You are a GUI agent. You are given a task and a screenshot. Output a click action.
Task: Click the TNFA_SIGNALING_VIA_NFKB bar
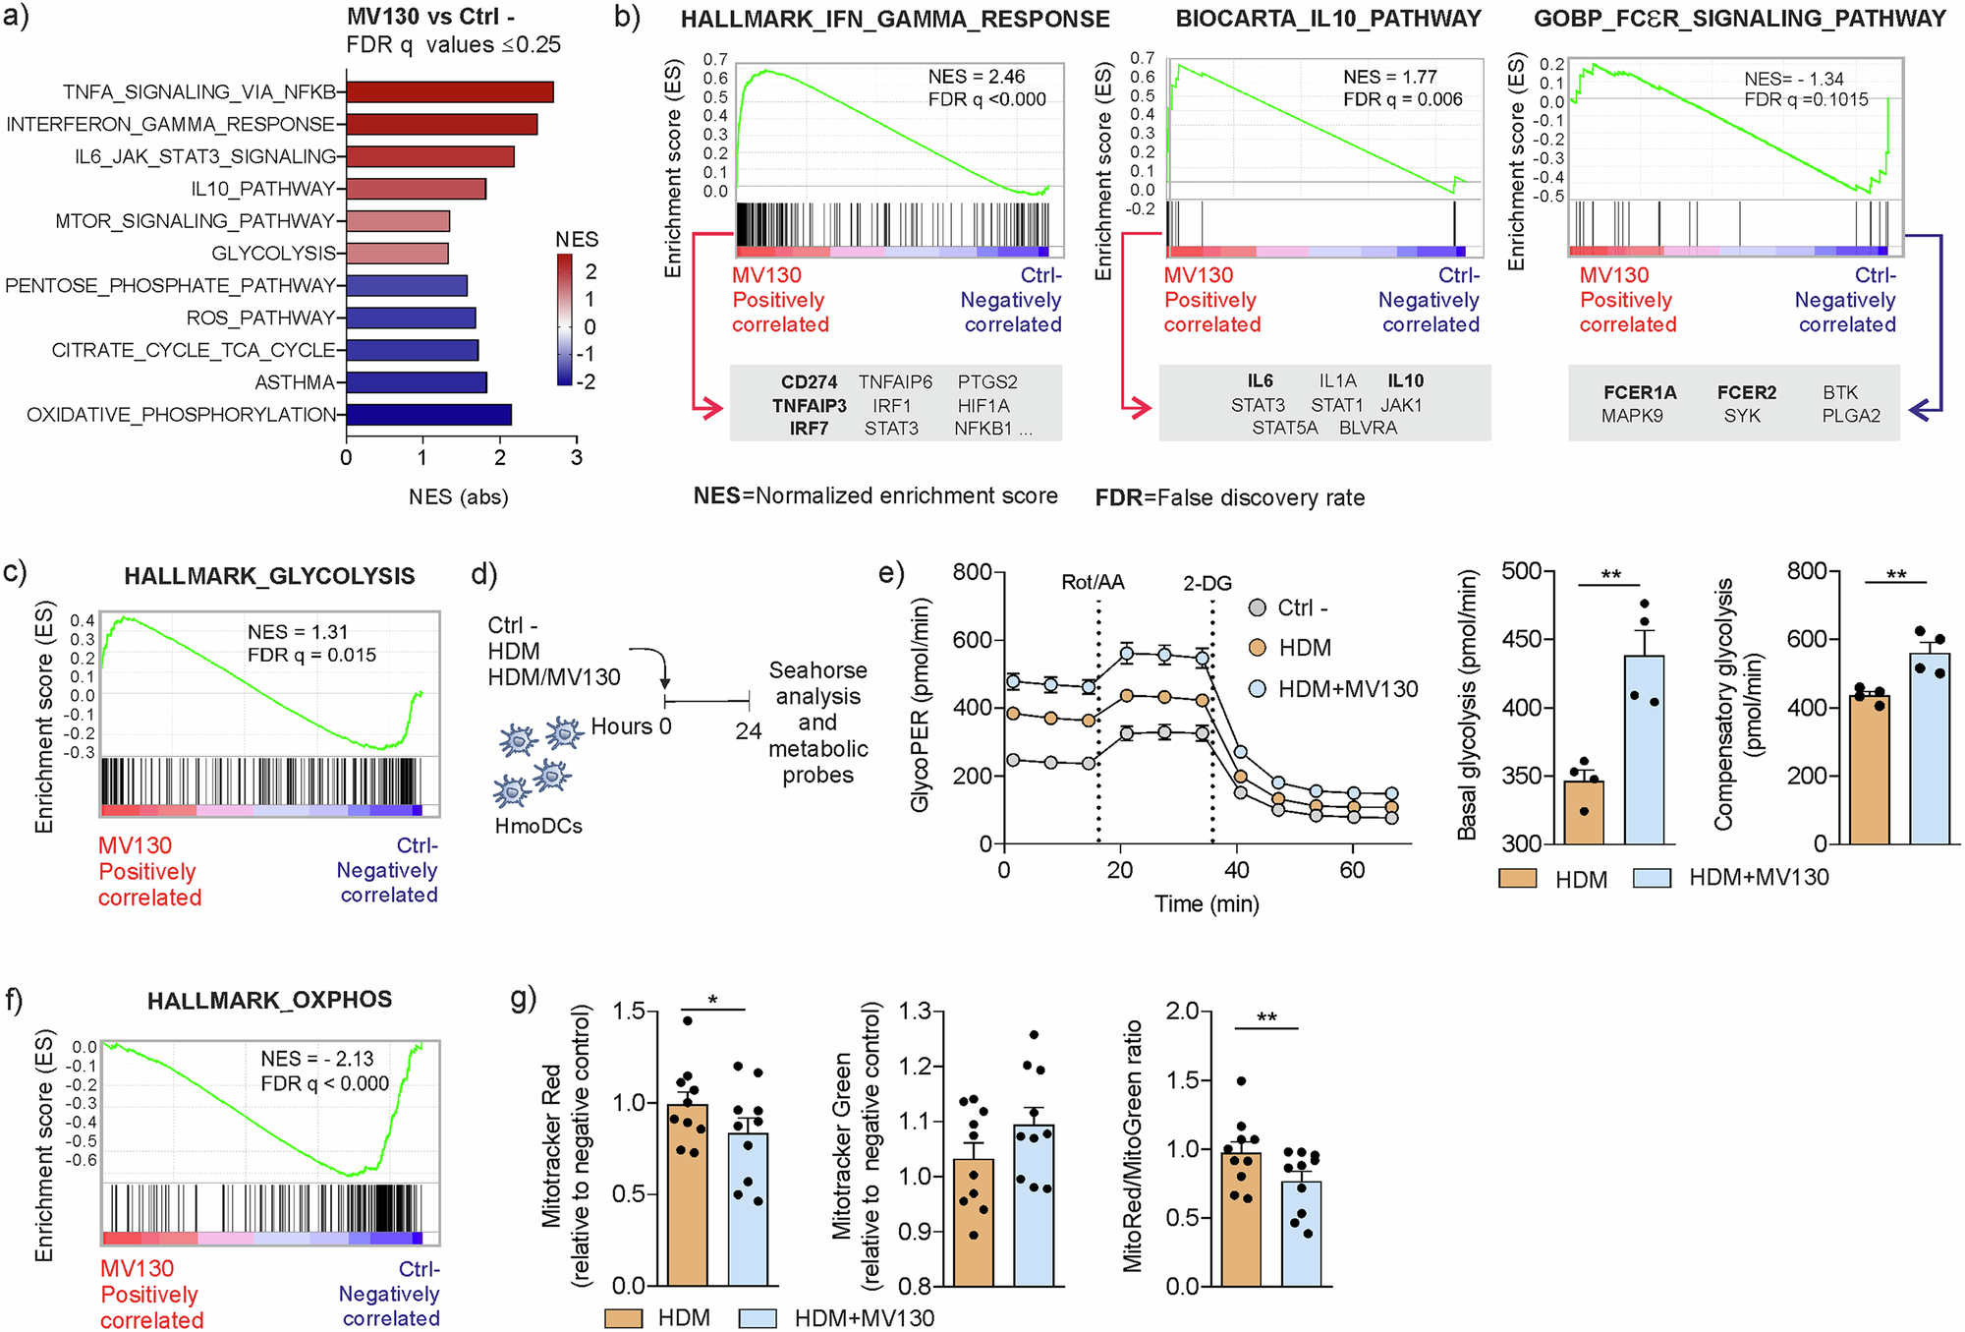click(x=449, y=92)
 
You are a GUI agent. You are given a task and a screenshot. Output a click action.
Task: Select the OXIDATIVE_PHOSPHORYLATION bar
click(x=428, y=415)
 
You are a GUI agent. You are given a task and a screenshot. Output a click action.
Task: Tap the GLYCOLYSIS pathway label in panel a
click(x=273, y=254)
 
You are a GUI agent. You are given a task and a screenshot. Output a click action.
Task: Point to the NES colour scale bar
click(x=564, y=319)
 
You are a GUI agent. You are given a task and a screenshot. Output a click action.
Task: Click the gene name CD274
click(x=809, y=382)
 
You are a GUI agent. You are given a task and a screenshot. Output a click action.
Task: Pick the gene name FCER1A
click(x=1640, y=393)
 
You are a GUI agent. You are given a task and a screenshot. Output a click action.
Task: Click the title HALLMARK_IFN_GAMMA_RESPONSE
click(x=895, y=20)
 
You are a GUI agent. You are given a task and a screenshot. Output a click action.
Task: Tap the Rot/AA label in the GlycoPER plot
click(x=1093, y=583)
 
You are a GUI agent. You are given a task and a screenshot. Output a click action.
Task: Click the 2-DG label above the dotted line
click(x=1207, y=584)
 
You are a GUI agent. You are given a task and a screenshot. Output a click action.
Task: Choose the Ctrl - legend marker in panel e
click(x=1257, y=608)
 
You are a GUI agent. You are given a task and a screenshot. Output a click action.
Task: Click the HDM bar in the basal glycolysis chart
click(x=1583, y=812)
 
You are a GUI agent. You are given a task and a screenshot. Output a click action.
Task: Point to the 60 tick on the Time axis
click(x=1352, y=870)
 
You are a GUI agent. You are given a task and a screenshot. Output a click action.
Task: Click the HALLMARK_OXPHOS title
click(x=269, y=1001)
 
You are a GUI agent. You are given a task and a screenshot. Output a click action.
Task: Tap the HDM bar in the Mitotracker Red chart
click(x=687, y=1194)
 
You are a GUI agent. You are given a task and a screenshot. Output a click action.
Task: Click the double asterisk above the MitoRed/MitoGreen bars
click(x=1266, y=1017)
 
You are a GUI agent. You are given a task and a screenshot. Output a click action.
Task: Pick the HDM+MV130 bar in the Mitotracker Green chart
click(x=1034, y=1205)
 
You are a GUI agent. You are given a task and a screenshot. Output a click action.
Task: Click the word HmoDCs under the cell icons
click(x=538, y=826)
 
